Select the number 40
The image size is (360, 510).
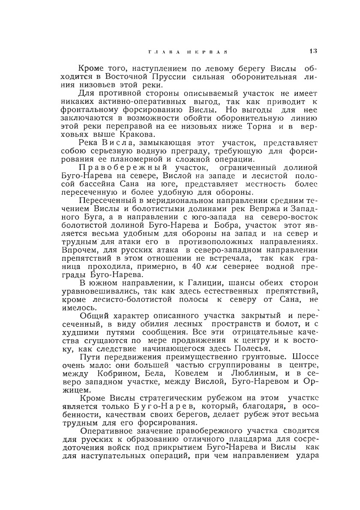pyautogui.click(x=197, y=265)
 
